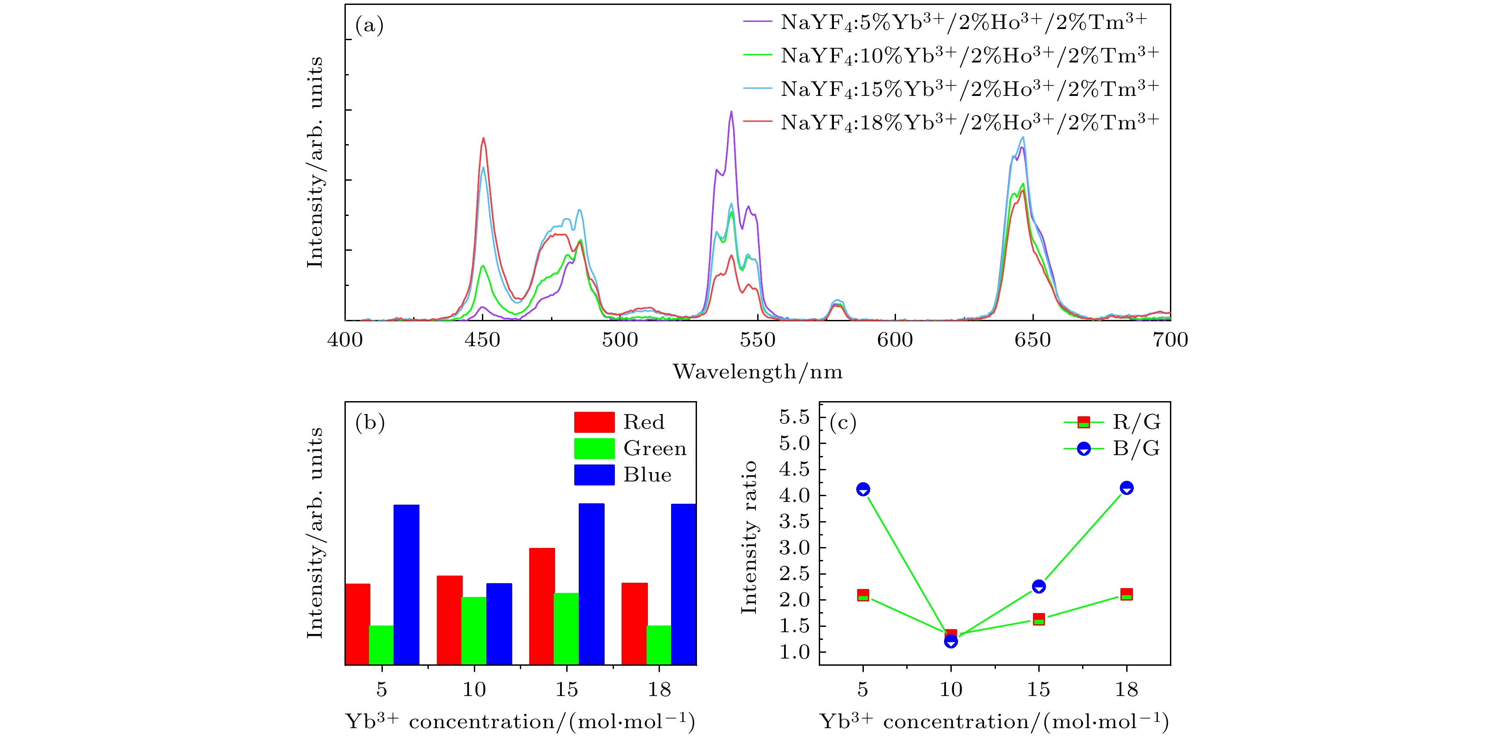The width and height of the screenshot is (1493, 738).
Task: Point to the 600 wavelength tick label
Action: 895,340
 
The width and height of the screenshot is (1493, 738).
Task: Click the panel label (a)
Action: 369,25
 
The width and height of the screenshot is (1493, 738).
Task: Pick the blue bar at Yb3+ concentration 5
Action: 406,585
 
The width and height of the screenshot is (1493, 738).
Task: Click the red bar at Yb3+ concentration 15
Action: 542,606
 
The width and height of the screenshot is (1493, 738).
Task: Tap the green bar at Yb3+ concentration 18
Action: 659,645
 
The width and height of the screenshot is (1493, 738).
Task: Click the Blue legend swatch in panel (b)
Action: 594,475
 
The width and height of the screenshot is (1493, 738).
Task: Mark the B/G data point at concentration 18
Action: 1126,488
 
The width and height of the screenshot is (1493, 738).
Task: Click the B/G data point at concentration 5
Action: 863,489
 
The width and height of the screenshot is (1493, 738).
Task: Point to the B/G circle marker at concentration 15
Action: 1039,587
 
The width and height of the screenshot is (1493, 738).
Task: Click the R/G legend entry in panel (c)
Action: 1113,422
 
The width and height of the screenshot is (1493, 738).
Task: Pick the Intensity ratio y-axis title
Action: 749,537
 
